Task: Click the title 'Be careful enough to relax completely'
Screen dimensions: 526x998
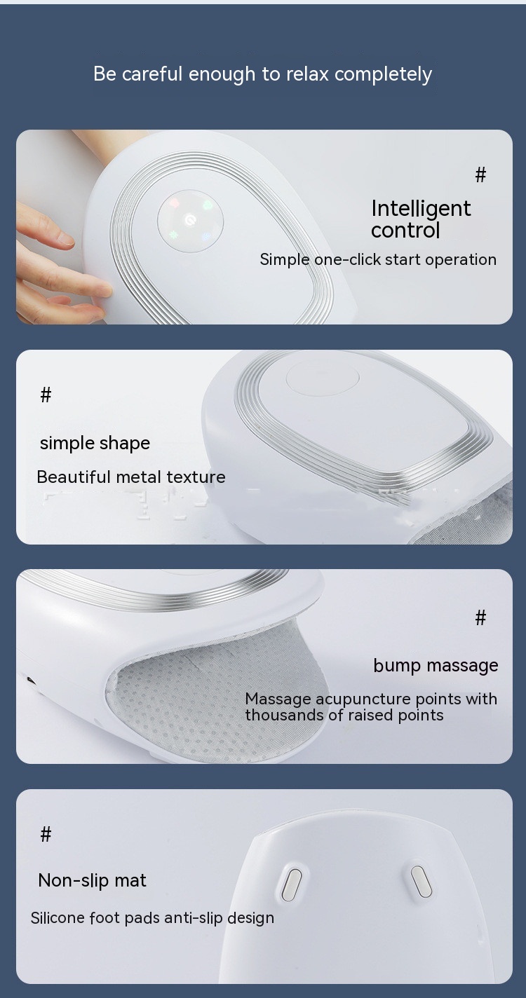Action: pyautogui.click(x=262, y=74)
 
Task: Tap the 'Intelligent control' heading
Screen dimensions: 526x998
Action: pyautogui.click(x=421, y=219)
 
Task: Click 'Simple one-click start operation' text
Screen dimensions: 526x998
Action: pyautogui.click(x=378, y=259)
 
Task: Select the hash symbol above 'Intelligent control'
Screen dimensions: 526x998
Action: pyautogui.click(x=480, y=175)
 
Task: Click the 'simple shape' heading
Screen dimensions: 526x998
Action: pyautogui.click(x=95, y=444)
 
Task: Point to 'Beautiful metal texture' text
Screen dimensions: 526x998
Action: pyautogui.click(x=131, y=477)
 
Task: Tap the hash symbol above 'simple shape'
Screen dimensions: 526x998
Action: pyautogui.click(x=46, y=395)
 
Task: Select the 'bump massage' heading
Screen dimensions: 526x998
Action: pyautogui.click(x=436, y=666)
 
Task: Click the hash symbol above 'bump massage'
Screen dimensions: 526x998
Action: pyautogui.click(x=480, y=618)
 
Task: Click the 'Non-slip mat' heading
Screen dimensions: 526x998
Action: pyautogui.click(x=93, y=880)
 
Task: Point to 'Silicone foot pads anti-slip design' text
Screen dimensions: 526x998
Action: pyautogui.click(x=152, y=918)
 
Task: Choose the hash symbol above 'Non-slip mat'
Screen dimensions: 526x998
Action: pyautogui.click(x=46, y=834)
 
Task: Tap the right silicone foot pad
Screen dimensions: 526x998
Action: pyautogui.click(x=421, y=881)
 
